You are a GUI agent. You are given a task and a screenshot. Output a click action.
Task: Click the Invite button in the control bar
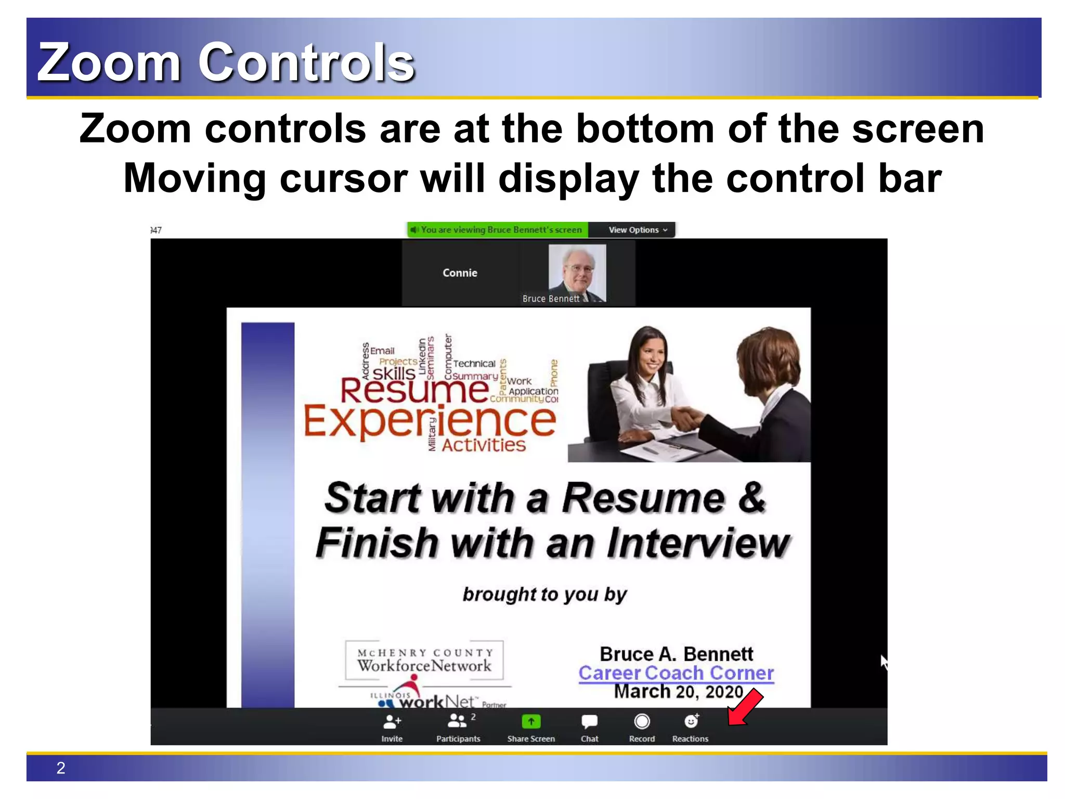click(392, 727)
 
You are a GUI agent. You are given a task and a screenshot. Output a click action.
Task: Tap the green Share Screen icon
click(530, 721)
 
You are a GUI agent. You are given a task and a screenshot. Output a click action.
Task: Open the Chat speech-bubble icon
click(589, 721)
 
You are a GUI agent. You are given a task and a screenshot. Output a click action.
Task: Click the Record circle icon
click(642, 721)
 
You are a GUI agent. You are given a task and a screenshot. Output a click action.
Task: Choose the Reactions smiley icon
click(691, 721)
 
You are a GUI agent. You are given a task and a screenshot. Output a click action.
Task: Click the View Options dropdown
click(637, 230)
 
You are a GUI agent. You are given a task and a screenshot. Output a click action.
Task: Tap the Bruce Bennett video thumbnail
click(577, 273)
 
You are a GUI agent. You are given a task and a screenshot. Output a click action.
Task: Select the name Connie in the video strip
click(460, 273)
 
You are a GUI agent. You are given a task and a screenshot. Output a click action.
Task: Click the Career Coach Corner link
click(676, 673)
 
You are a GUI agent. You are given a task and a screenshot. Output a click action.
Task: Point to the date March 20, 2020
click(678, 692)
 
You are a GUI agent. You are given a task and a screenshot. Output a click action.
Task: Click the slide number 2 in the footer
click(61, 768)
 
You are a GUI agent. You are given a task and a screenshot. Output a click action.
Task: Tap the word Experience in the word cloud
click(430, 421)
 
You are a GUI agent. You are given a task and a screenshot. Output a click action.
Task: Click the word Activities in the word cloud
click(484, 445)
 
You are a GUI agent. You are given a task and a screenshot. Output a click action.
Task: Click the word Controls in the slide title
click(306, 62)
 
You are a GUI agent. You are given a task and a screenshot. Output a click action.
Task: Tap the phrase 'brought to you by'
click(544, 594)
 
